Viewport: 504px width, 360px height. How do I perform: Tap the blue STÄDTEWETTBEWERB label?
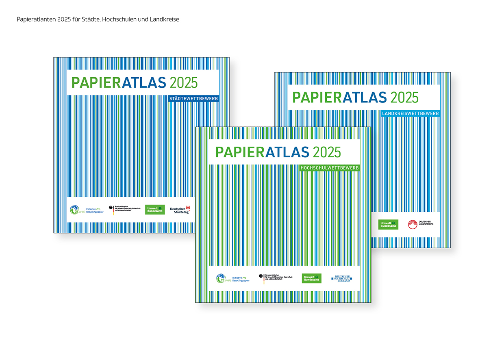[193, 99]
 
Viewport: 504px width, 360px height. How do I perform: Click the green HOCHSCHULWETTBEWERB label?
[330, 168]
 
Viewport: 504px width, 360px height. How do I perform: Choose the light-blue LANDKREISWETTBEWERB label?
[411, 113]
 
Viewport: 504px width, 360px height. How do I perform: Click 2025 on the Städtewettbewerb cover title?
[184, 82]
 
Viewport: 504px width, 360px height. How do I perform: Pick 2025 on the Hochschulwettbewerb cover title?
[327, 152]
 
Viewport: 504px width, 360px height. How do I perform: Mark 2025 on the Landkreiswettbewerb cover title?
[404, 98]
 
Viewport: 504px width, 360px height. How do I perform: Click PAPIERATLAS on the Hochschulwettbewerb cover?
[262, 152]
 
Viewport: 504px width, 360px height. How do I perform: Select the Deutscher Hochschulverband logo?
[341, 278]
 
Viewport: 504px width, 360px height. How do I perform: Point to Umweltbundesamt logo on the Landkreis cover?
[388, 224]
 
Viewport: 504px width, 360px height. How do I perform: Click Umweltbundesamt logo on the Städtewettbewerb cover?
[155, 210]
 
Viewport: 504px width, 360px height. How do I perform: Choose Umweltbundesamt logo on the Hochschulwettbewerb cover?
[312, 278]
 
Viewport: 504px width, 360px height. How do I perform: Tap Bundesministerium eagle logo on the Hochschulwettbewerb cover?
[275, 278]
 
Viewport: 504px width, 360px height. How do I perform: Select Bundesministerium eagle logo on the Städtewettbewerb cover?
[124, 210]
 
